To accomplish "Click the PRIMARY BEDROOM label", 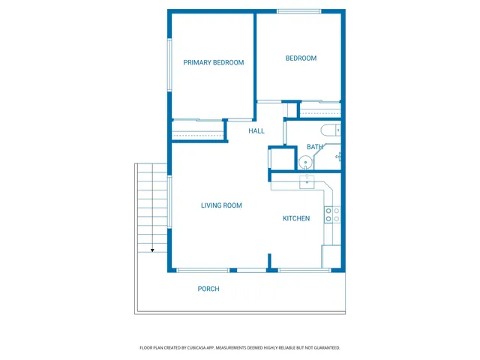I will click(x=214, y=63).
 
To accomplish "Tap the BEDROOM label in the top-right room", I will click(x=301, y=58).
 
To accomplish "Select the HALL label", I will click(x=256, y=131).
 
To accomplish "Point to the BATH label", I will click(x=314, y=147).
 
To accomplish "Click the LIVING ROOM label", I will click(x=221, y=205).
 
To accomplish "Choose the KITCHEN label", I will click(x=296, y=219).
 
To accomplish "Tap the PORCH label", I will click(x=208, y=289).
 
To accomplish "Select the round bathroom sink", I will click(x=305, y=162).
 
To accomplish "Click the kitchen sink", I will click(x=307, y=181).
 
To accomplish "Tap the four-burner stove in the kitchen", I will click(x=331, y=215).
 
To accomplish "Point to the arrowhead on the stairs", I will click(x=152, y=250).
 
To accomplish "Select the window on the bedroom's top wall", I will click(x=299, y=11).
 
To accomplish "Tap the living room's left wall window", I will click(x=169, y=201).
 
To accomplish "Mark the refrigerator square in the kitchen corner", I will click(x=331, y=256).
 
